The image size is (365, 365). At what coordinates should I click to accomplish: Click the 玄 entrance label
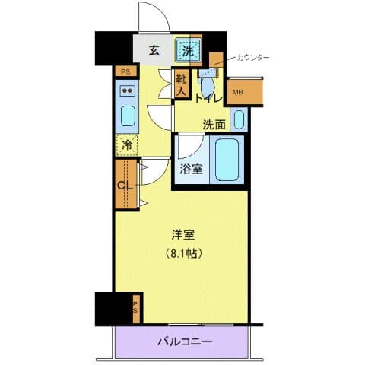(x=154, y=51)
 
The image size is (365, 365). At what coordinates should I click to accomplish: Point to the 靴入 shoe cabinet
(x=181, y=84)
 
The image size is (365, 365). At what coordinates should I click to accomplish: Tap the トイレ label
(x=208, y=98)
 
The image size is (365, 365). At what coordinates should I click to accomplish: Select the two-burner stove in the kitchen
(x=128, y=92)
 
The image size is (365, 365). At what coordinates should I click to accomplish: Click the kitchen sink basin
(x=128, y=117)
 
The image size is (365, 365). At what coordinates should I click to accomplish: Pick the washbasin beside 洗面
(x=238, y=119)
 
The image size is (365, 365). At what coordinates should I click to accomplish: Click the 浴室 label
(x=191, y=169)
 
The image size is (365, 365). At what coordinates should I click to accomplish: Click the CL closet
(x=125, y=183)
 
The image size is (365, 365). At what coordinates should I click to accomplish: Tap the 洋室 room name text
(x=180, y=234)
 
